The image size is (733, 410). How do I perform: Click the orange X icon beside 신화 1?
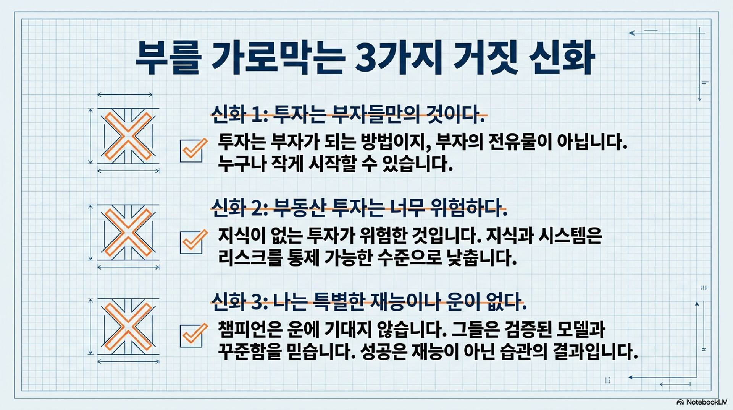(128, 136)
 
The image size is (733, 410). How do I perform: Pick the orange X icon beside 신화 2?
(128, 232)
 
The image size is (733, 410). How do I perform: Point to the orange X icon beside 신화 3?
(128, 326)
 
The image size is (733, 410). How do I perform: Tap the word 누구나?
(242, 164)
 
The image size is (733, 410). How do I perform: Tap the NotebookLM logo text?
(703, 402)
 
